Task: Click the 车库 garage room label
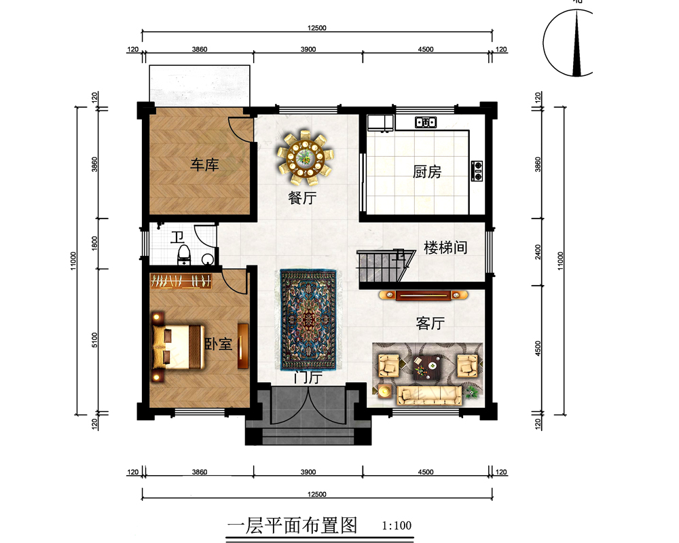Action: pyautogui.click(x=204, y=164)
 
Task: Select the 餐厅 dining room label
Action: pyautogui.click(x=303, y=198)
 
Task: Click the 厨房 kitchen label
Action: pyautogui.click(x=426, y=172)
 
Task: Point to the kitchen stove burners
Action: pyautogui.click(x=477, y=170)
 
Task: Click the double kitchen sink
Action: pyautogui.click(x=426, y=123)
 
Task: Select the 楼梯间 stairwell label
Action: pyautogui.click(x=445, y=247)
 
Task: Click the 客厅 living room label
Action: pyautogui.click(x=429, y=324)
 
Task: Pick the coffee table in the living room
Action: pyautogui.click(x=427, y=368)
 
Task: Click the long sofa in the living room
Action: pyautogui.click(x=429, y=394)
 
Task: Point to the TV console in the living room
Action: pyautogui.click(x=424, y=295)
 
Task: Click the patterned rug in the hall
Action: pyautogui.click(x=309, y=320)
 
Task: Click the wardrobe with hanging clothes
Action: pyautogui.click(x=181, y=280)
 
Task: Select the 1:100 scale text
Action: pyautogui.click(x=397, y=525)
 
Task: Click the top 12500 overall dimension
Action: pyautogui.click(x=317, y=28)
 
